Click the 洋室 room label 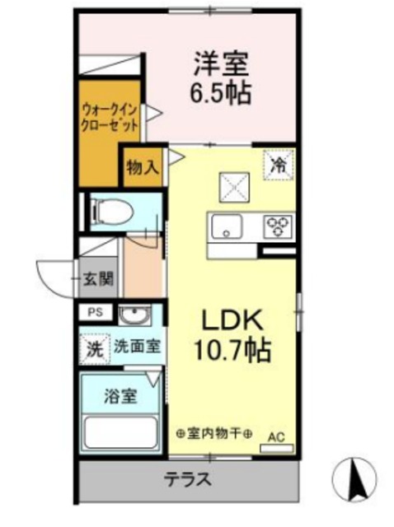point(222,63)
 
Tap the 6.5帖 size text point(222,90)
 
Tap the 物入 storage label point(142,167)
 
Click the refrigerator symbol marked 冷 point(279,164)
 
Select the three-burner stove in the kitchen point(279,223)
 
